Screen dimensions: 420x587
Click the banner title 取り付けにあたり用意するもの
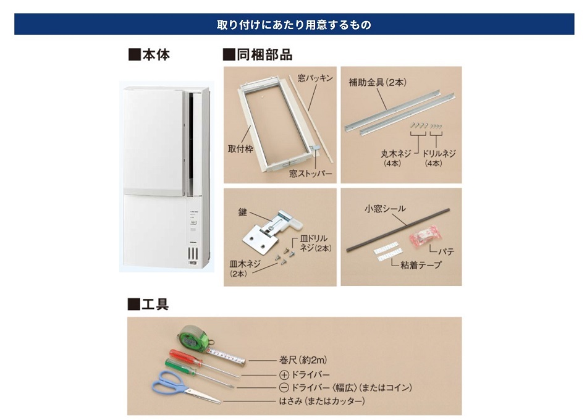[x=293, y=25]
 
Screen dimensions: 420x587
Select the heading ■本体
[x=149, y=55]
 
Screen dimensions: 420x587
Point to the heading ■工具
[x=148, y=304]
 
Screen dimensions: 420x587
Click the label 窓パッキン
[x=315, y=78]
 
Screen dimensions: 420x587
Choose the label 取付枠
[x=240, y=149]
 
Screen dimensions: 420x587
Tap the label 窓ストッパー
[x=311, y=174]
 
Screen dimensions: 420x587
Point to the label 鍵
[x=243, y=212]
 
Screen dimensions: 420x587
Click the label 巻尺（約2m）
[x=300, y=359]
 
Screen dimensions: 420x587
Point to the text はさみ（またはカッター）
[x=321, y=401]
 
